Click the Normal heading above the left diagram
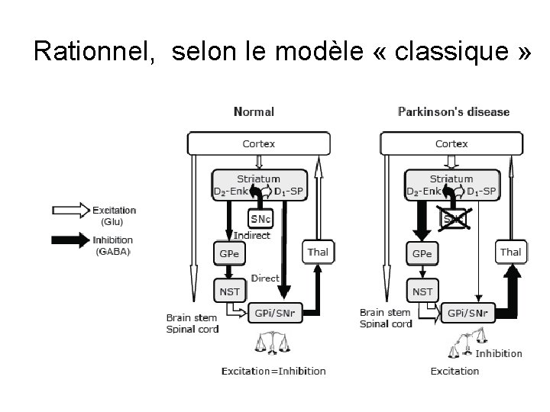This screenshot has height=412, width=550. coord(254,112)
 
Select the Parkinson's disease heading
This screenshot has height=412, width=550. coord(454,112)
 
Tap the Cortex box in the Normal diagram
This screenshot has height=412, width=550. coord(259,143)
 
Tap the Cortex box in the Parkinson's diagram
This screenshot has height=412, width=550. coord(451,143)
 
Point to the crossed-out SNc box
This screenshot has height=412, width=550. coord(452,219)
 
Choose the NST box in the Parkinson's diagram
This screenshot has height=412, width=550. coord(422,291)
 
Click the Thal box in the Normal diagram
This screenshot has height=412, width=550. coord(318,252)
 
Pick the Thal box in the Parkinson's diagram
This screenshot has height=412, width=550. coord(510,252)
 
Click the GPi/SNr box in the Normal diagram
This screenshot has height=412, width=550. coord(276,312)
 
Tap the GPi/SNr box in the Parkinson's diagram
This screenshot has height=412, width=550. coord(468,312)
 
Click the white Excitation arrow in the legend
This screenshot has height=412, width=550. coord(70,209)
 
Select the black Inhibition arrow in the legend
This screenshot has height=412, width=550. coord(70,240)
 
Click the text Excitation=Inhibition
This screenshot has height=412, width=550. coord(273,372)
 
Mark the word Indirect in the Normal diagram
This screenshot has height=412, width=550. coord(252,236)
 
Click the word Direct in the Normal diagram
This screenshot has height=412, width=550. coord(265,279)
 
